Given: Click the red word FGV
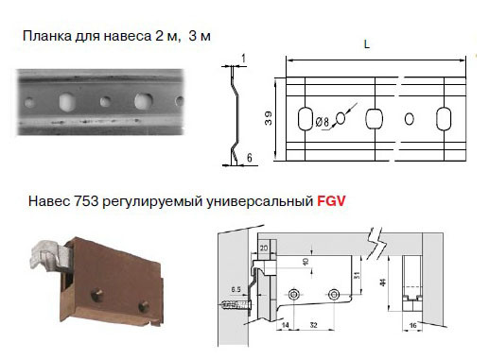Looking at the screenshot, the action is pyautogui.click(x=331, y=200).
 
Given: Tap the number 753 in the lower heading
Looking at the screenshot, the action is pyautogui.click(x=86, y=201).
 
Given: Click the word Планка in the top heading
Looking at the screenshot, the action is pyautogui.click(x=47, y=36).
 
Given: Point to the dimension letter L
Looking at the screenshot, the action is pyautogui.click(x=366, y=44).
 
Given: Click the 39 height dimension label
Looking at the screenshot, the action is pyautogui.click(x=268, y=119).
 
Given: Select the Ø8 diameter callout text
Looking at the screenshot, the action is pyautogui.click(x=322, y=122).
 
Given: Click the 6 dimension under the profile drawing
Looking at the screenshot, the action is pyautogui.click(x=250, y=158).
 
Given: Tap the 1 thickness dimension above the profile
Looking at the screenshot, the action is pyautogui.click(x=243, y=59).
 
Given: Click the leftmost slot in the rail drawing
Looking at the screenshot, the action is pyautogui.click(x=305, y=119).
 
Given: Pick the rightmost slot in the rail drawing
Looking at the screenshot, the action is pyautogui.click(x=444, y=119).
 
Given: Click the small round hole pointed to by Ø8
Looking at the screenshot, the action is pyautogui.click(x=341, y=118).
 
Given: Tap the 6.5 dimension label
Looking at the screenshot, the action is pyautogui.click(x=236, y=289).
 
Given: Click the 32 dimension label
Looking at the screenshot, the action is pyautogui.click(x=313, y=325).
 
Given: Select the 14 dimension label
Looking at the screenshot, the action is pyautogui.click(x=285, y=325).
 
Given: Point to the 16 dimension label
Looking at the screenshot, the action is pyautogui.click(x=412, y=325).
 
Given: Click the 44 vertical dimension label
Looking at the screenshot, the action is pyautogui.click(x=383, y=283).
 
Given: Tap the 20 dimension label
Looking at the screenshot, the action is pyautogui.click(x=264, y=249).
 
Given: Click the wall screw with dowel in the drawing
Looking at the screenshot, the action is pyautogui.click(x=236, y=305).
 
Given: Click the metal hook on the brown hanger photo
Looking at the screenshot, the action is pyautogui.click(x=47, y=255).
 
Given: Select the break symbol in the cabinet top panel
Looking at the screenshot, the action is pyautogui.click(x=377, y=243).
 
